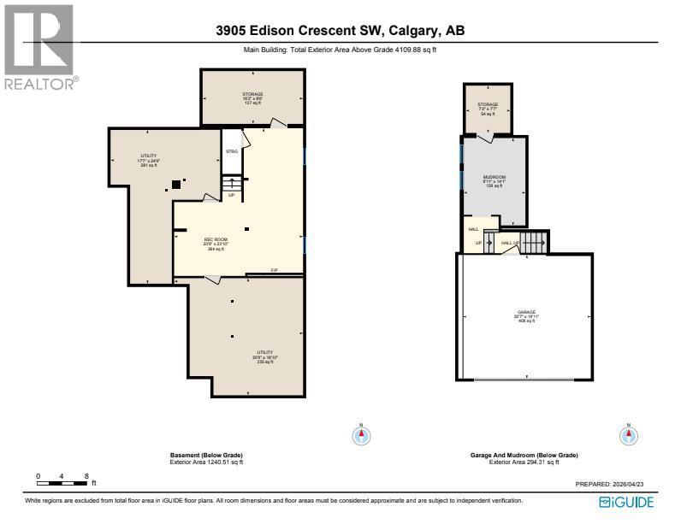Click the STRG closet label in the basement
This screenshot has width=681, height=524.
(231, 151)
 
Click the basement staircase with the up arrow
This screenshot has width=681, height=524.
(230, 183)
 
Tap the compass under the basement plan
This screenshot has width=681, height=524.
(362, 435)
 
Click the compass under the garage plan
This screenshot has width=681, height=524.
(629, 435)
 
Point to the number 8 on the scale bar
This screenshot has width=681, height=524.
(86, 475)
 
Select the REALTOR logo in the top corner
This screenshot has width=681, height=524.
(39, 47)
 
